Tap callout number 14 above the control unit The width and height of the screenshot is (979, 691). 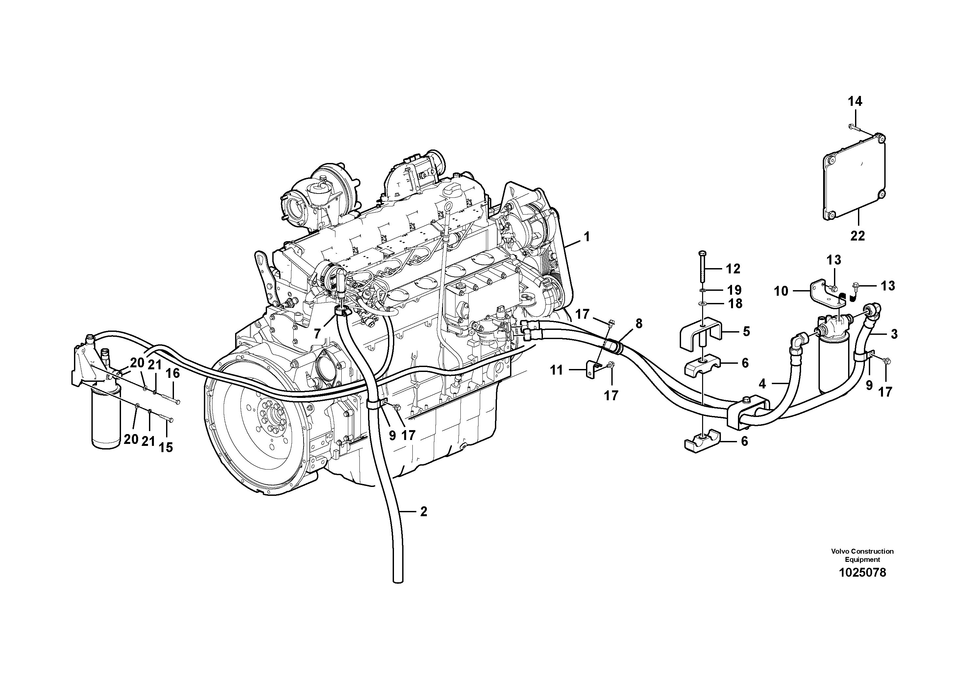[855, 102]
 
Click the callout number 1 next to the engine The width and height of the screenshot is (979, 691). [587, 237]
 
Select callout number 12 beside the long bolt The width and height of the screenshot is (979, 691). [733, 269]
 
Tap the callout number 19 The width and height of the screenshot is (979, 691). [734, 290]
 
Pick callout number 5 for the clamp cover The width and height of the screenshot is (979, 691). [746, 332]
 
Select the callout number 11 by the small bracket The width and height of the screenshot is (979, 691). [556, 370]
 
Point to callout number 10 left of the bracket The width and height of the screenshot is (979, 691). [781, 291]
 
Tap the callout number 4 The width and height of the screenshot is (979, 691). [762, 384]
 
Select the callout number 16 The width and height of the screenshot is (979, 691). [173, 374]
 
